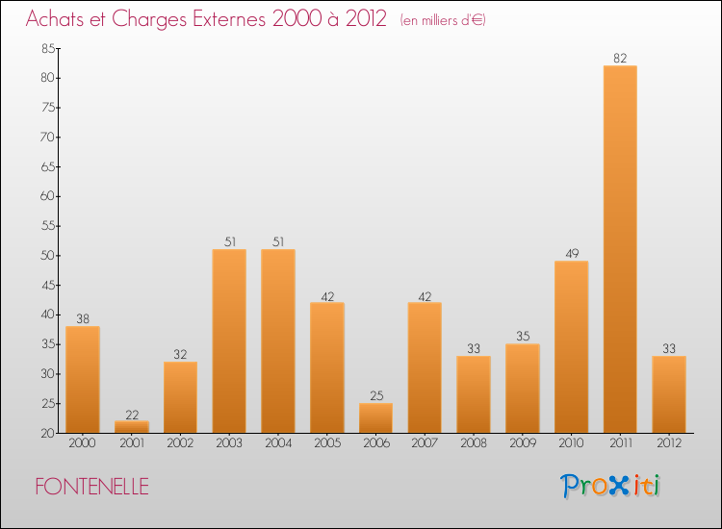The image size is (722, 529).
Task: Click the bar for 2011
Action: (x=620, y=250)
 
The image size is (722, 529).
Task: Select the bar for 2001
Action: (x=131, y=426)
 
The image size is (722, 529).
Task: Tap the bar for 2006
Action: (x=375, y=418)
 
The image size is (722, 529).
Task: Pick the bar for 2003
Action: (x=229, y=341)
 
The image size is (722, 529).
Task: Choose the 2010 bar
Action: (x=571, y=346)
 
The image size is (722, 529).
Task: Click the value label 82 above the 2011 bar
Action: (x=620, y=58)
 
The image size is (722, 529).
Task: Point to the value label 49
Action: (x=571, y=254)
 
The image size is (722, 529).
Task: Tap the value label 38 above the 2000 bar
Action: (x=82, y=319)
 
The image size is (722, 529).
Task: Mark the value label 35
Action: (x=523, y=337)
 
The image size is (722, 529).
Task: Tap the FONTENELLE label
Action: (x=92, y=488)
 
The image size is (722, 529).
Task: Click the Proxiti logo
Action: (x=610, y=486)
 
